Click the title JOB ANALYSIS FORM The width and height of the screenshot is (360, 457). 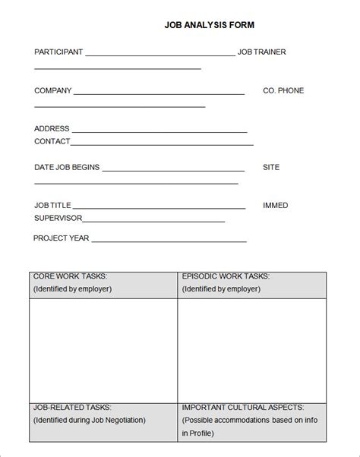pyautogui.click(x=210, y=25)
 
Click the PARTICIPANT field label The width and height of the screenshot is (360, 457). pyautogui.click(x=58, y=52)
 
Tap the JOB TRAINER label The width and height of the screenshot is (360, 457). pyautogui.click(x=262, y=52)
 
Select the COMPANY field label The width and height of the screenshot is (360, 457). pyautogui.click(x=52, y=91)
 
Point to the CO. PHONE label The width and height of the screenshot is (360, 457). pyautogui.click(x=283, y=91)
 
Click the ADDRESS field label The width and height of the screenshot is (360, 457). pyautogui.click(x=52, y=129)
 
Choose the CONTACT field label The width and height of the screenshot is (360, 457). pyautogui.click(x=52, y=141)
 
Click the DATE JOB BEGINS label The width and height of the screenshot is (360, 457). pyautogui.click(x=67, y=167)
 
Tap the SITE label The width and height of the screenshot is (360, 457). pyautogui.click(x=271, y=167)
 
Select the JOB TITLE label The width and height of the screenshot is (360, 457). pyautogui.click(x=52, y=206)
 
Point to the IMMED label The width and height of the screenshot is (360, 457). pyautogui.click(x=275, y=206)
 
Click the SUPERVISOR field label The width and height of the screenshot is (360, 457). pyautogui.click(x=58, y=219)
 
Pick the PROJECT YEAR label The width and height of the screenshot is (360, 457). pyautogui.click(x=62, y=238)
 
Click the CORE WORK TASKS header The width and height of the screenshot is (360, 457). pyautogui.click(x=70, y=277)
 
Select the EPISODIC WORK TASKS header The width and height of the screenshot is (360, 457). pyautogui.click(x=226, y=277)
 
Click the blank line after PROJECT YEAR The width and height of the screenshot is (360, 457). pyautogui.click(x=169, y=240)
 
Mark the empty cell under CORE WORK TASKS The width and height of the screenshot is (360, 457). pyautogui.click(x=103, y=349)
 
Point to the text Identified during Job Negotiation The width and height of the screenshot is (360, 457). pyautogui.click(x=89, y=420)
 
